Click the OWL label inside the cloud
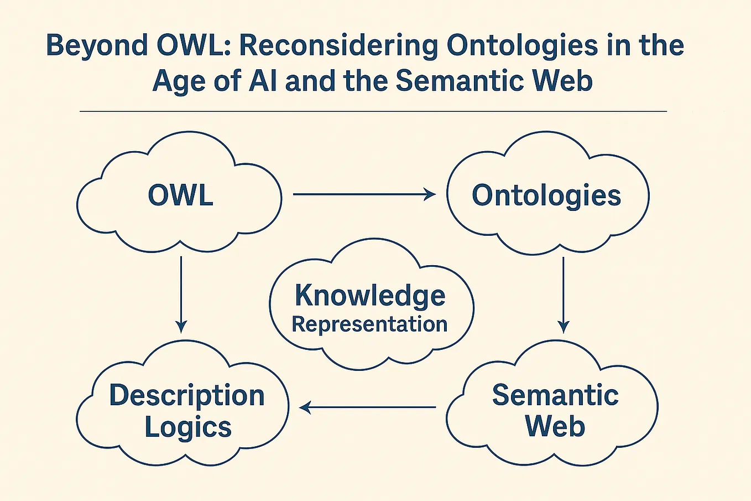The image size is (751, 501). (x=180, y=195)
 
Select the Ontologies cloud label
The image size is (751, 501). (x=546, y=195)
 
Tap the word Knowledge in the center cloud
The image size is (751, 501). (x=370, y=295)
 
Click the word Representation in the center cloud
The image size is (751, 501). (x=369, y=324)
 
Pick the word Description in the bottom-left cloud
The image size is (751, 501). (x=187, y=396)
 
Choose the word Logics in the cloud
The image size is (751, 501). (x=188, y=427)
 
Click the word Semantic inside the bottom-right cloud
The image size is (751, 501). (x=555, y=395)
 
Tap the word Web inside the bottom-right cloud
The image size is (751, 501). (x=555, y=426)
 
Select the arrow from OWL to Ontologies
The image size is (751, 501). (x=364, y=194)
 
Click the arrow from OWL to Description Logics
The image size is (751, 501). (x=181, y=294)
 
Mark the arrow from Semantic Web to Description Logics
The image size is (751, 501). (x=368, y=408)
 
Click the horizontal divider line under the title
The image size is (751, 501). (x=373, y=112)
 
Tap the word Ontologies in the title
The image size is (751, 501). (x=522, y=46)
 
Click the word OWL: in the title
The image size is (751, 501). (x=194, y=46)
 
